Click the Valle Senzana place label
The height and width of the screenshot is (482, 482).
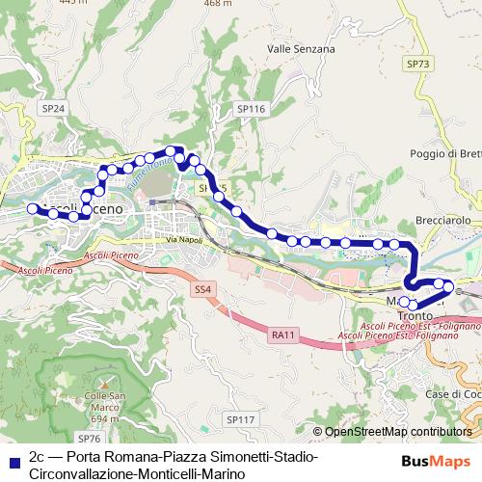[x=301, y=48]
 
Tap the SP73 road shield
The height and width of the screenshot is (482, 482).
[x=416, y=63]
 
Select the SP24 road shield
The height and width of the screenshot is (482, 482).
[x=52, y=111]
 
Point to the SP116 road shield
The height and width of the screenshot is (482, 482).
[x=252, y=111]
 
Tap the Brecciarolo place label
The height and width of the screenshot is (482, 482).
[x=442, y=221]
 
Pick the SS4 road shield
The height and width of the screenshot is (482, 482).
[x=201, y=289]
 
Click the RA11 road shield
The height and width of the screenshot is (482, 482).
[x=283, y=334]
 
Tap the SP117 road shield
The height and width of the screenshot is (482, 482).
[x=240, y=419]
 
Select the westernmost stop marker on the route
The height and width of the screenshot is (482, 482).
[x=32, y=208]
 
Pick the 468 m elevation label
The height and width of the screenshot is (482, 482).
[x=219, y=4]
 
